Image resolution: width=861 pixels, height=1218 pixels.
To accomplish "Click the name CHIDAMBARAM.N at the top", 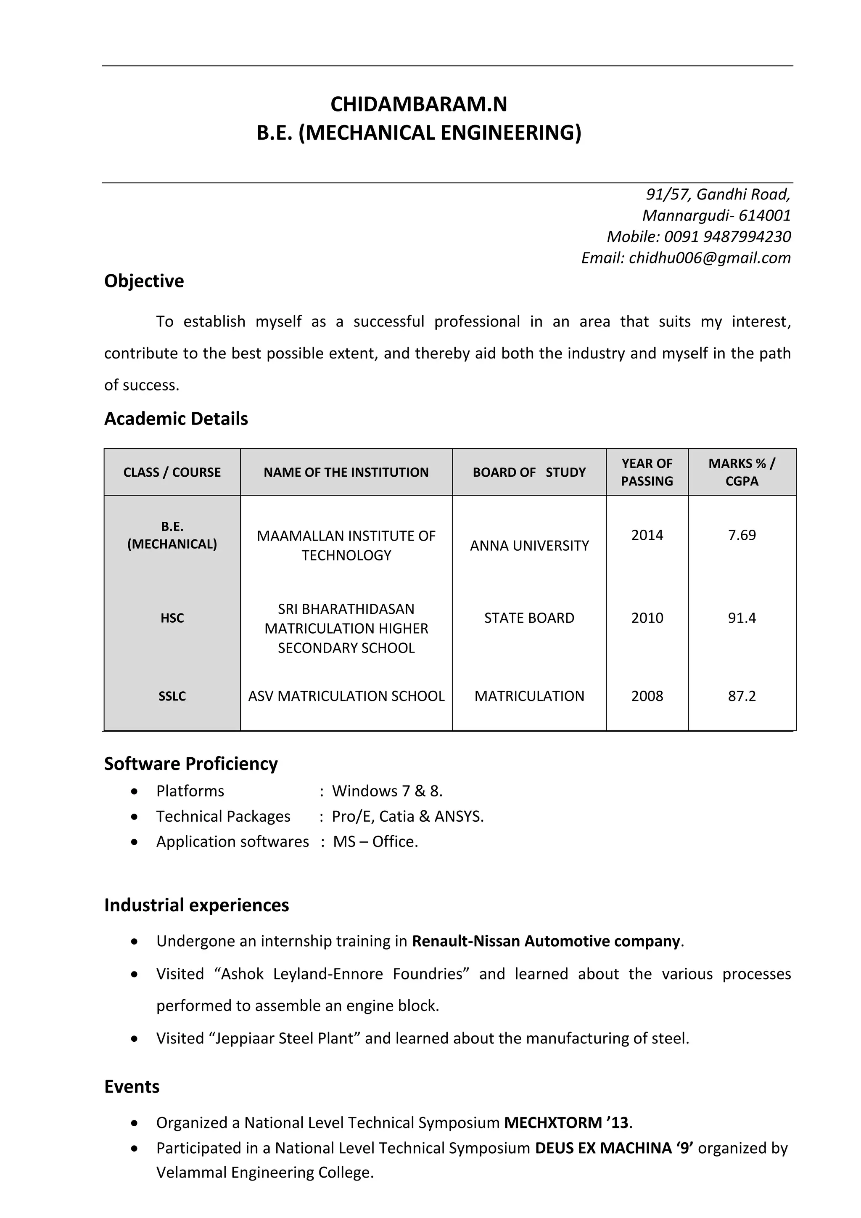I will pos(418,104).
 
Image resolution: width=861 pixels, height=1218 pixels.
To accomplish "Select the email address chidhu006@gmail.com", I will pos(709,258).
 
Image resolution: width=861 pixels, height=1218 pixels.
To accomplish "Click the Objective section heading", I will pos(144,281).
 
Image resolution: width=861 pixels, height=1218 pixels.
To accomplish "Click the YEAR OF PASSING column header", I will pos(647,472).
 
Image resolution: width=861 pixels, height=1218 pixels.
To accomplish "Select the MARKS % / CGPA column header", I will pos(741,472).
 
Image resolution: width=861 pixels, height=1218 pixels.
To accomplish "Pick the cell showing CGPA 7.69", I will pos(741,535).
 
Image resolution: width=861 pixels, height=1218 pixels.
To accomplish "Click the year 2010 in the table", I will pos(647,618).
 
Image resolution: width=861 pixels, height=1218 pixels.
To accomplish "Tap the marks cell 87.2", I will pos(741,696).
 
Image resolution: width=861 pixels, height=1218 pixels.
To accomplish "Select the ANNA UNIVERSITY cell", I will pos(529,546).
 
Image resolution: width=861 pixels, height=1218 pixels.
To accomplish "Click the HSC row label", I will pos(172,618).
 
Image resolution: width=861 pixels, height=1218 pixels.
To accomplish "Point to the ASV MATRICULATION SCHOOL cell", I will pos(346,696).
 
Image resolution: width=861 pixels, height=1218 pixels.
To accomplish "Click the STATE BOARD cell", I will pos(529,618).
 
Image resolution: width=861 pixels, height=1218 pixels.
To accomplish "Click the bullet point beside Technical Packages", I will pos(135,817).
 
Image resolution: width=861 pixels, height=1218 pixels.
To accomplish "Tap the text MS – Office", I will pos(375,842).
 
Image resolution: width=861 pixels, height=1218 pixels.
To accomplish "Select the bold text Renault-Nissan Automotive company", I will pos(546,941).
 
